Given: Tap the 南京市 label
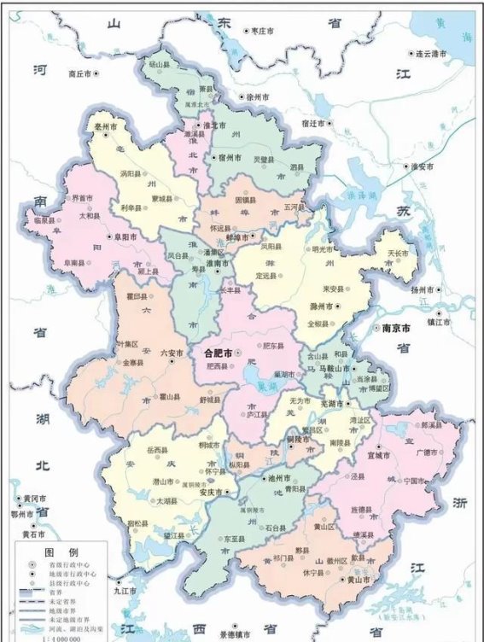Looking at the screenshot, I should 397,328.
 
